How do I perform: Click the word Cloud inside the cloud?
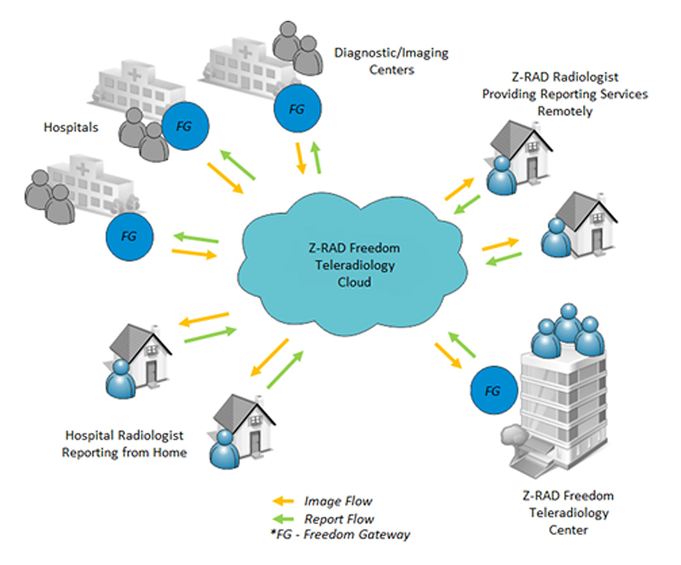tap(355, 283)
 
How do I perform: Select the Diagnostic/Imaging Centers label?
tap(391, 61)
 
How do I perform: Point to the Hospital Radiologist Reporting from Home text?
tap(125, 444)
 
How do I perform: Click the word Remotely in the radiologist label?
tap(565, 111)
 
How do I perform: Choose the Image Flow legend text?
tap(338, 501)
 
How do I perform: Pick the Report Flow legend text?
tap(339, 520)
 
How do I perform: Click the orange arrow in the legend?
tap(282, 501)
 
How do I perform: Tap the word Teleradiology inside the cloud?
tap(355, 266)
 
